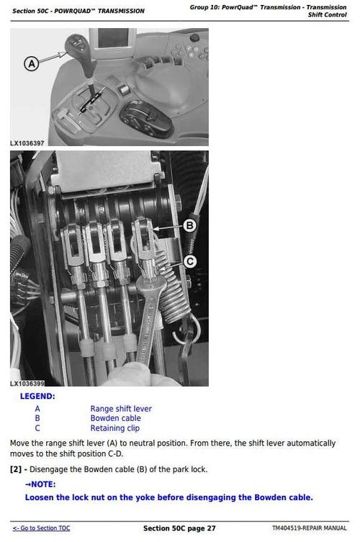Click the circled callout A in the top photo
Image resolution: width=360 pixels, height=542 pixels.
(x=31, y=64)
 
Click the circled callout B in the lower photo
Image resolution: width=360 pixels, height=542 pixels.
(x=189, y=226)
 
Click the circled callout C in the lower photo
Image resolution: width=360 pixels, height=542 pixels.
(x=189, y=262)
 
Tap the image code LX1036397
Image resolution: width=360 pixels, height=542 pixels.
(x=27, y=143)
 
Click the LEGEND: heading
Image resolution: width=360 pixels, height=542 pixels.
(x=37, y=397)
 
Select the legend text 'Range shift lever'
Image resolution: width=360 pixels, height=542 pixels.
(x=121, y=409)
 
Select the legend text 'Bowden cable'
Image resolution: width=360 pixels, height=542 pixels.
(x=115, y=418)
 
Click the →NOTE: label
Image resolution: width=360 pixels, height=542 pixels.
(x=40, y=484)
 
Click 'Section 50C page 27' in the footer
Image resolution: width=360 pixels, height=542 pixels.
(x=179, y=528)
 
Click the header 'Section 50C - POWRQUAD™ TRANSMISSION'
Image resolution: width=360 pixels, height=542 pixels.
(x=78, y=11)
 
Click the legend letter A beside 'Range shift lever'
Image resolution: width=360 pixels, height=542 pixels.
(x=37, y=409)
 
